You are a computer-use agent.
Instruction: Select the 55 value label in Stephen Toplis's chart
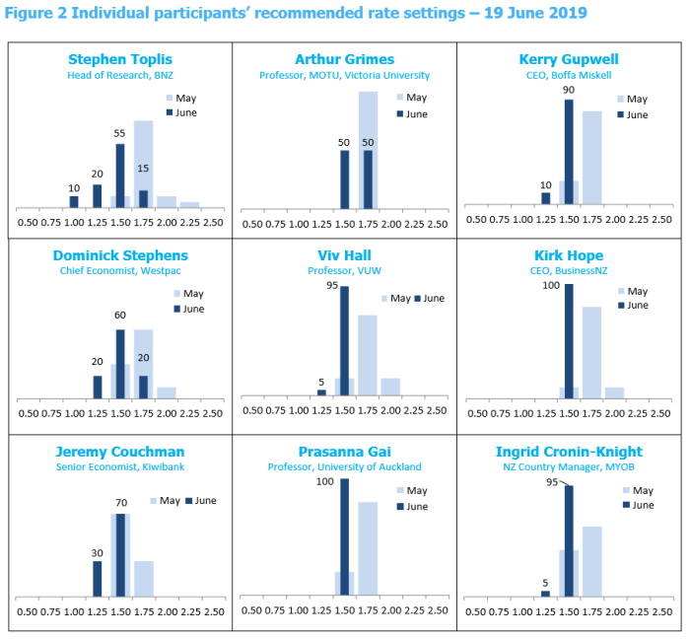click(119, 133)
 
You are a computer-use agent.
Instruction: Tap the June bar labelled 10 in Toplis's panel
click(74, 201)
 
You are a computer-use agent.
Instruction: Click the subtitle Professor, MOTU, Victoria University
click(344, 75)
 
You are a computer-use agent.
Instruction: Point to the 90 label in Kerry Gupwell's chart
click(569, 90)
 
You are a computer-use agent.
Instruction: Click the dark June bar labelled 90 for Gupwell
click(569, 153)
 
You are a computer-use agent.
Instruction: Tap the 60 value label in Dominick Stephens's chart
click(119, 316)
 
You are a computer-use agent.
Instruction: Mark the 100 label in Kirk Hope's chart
click(552, 285)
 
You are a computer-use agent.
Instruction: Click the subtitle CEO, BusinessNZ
click(569, 270)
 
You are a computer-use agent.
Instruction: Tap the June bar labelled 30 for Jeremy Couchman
click(97, 578)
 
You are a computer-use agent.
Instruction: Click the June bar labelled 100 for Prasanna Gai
click(344, 537)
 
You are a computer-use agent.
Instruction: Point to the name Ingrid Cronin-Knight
click(569, 452)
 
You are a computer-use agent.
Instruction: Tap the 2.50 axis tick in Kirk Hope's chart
click(662, 413)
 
